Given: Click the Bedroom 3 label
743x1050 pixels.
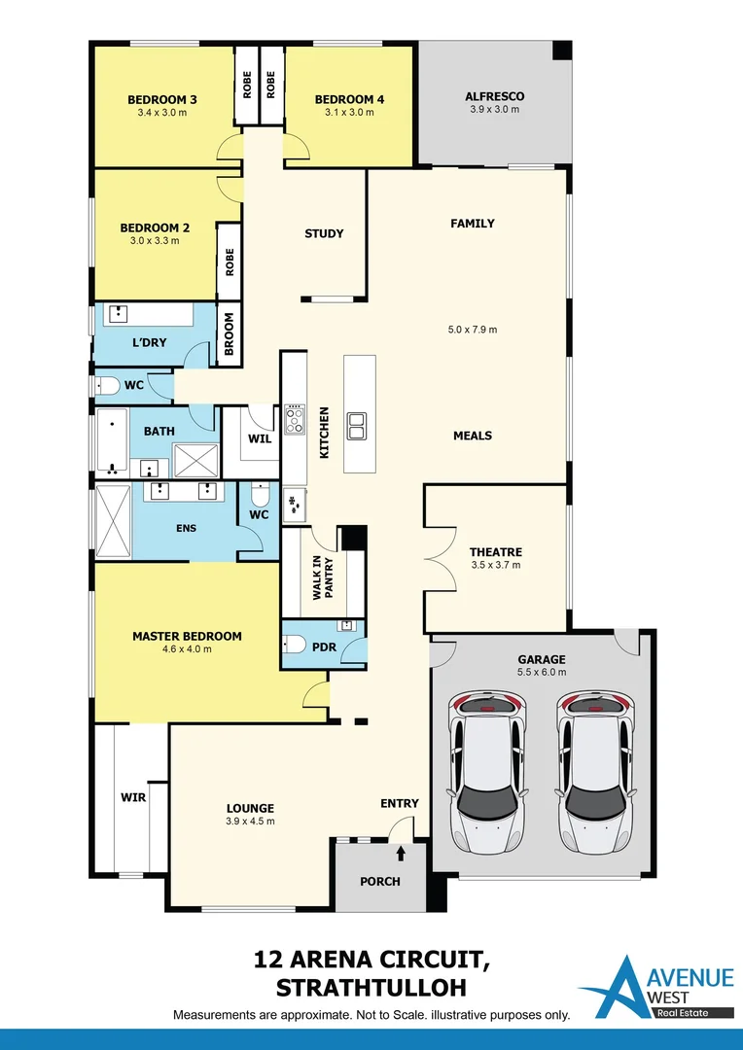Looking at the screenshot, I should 162,99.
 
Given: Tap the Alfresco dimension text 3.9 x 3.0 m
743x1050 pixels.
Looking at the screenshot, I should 494,110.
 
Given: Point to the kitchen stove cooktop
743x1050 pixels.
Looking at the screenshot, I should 295,420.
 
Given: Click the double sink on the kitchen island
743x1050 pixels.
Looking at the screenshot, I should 357,425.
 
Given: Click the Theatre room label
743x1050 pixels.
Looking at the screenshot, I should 495,551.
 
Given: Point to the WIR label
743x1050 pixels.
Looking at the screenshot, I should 132,796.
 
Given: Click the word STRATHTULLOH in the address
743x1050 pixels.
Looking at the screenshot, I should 371,988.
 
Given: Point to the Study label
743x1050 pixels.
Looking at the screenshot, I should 324,233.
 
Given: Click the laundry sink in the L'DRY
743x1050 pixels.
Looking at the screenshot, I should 118,314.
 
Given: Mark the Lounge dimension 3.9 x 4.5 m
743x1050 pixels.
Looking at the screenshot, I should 250,821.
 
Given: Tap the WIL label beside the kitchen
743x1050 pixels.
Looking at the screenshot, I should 260,438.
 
